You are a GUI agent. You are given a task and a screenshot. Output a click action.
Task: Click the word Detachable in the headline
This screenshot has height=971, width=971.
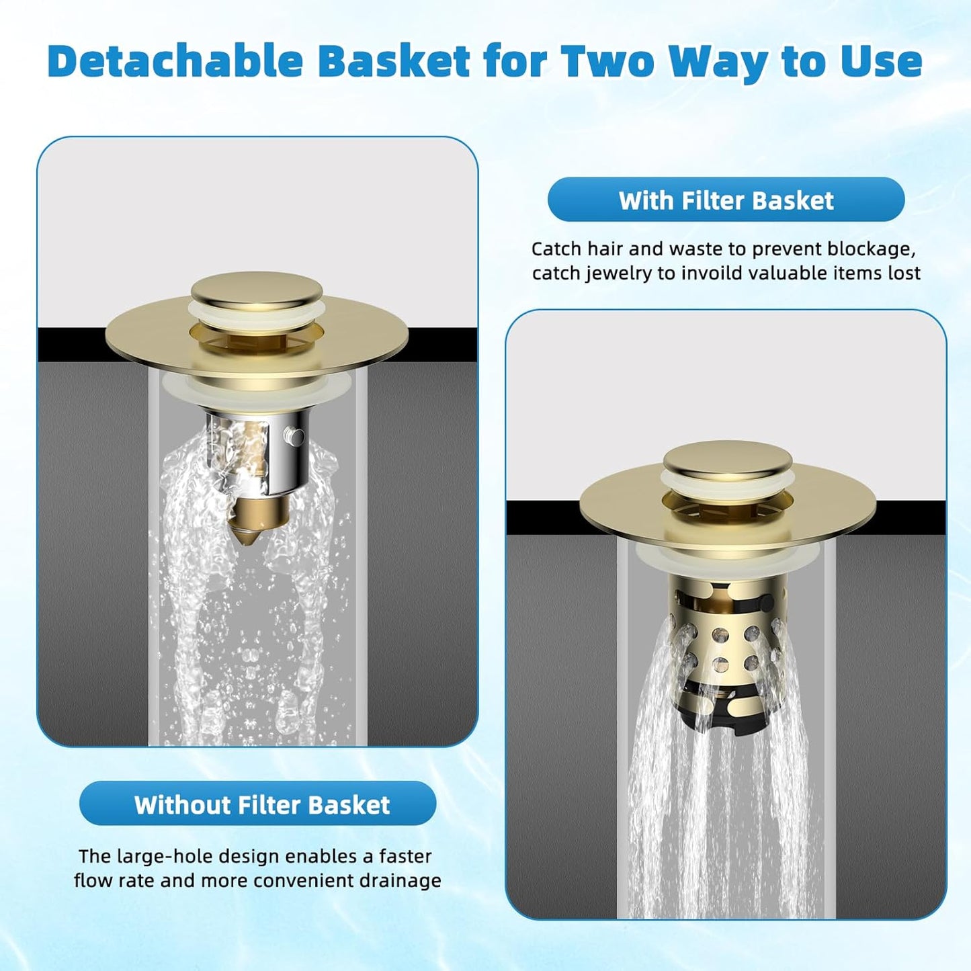point(175,61)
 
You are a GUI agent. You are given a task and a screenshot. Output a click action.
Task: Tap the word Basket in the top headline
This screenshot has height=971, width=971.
point(394,61)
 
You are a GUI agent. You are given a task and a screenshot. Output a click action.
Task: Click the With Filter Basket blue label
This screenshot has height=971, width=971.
point(726,200)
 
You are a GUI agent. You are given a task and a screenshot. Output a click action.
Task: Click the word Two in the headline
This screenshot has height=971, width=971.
point(608,61)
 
